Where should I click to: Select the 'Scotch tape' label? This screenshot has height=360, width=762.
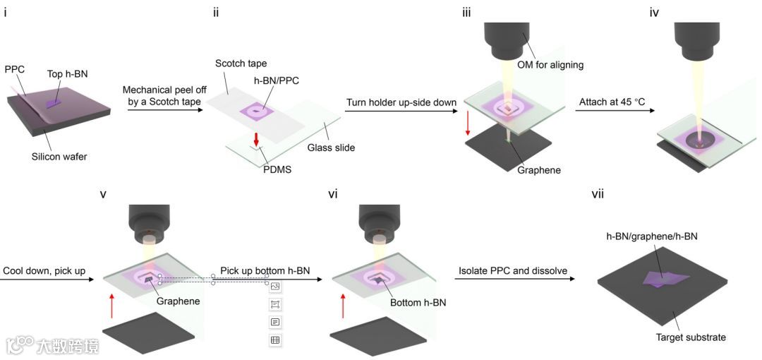(241, 64)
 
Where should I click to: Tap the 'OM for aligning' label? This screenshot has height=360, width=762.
(554, 65)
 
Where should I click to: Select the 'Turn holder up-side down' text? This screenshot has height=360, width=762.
(401, 102)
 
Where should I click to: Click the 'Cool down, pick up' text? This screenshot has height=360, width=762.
(45, 270)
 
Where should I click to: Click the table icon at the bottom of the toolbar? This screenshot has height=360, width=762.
(275, 340)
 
